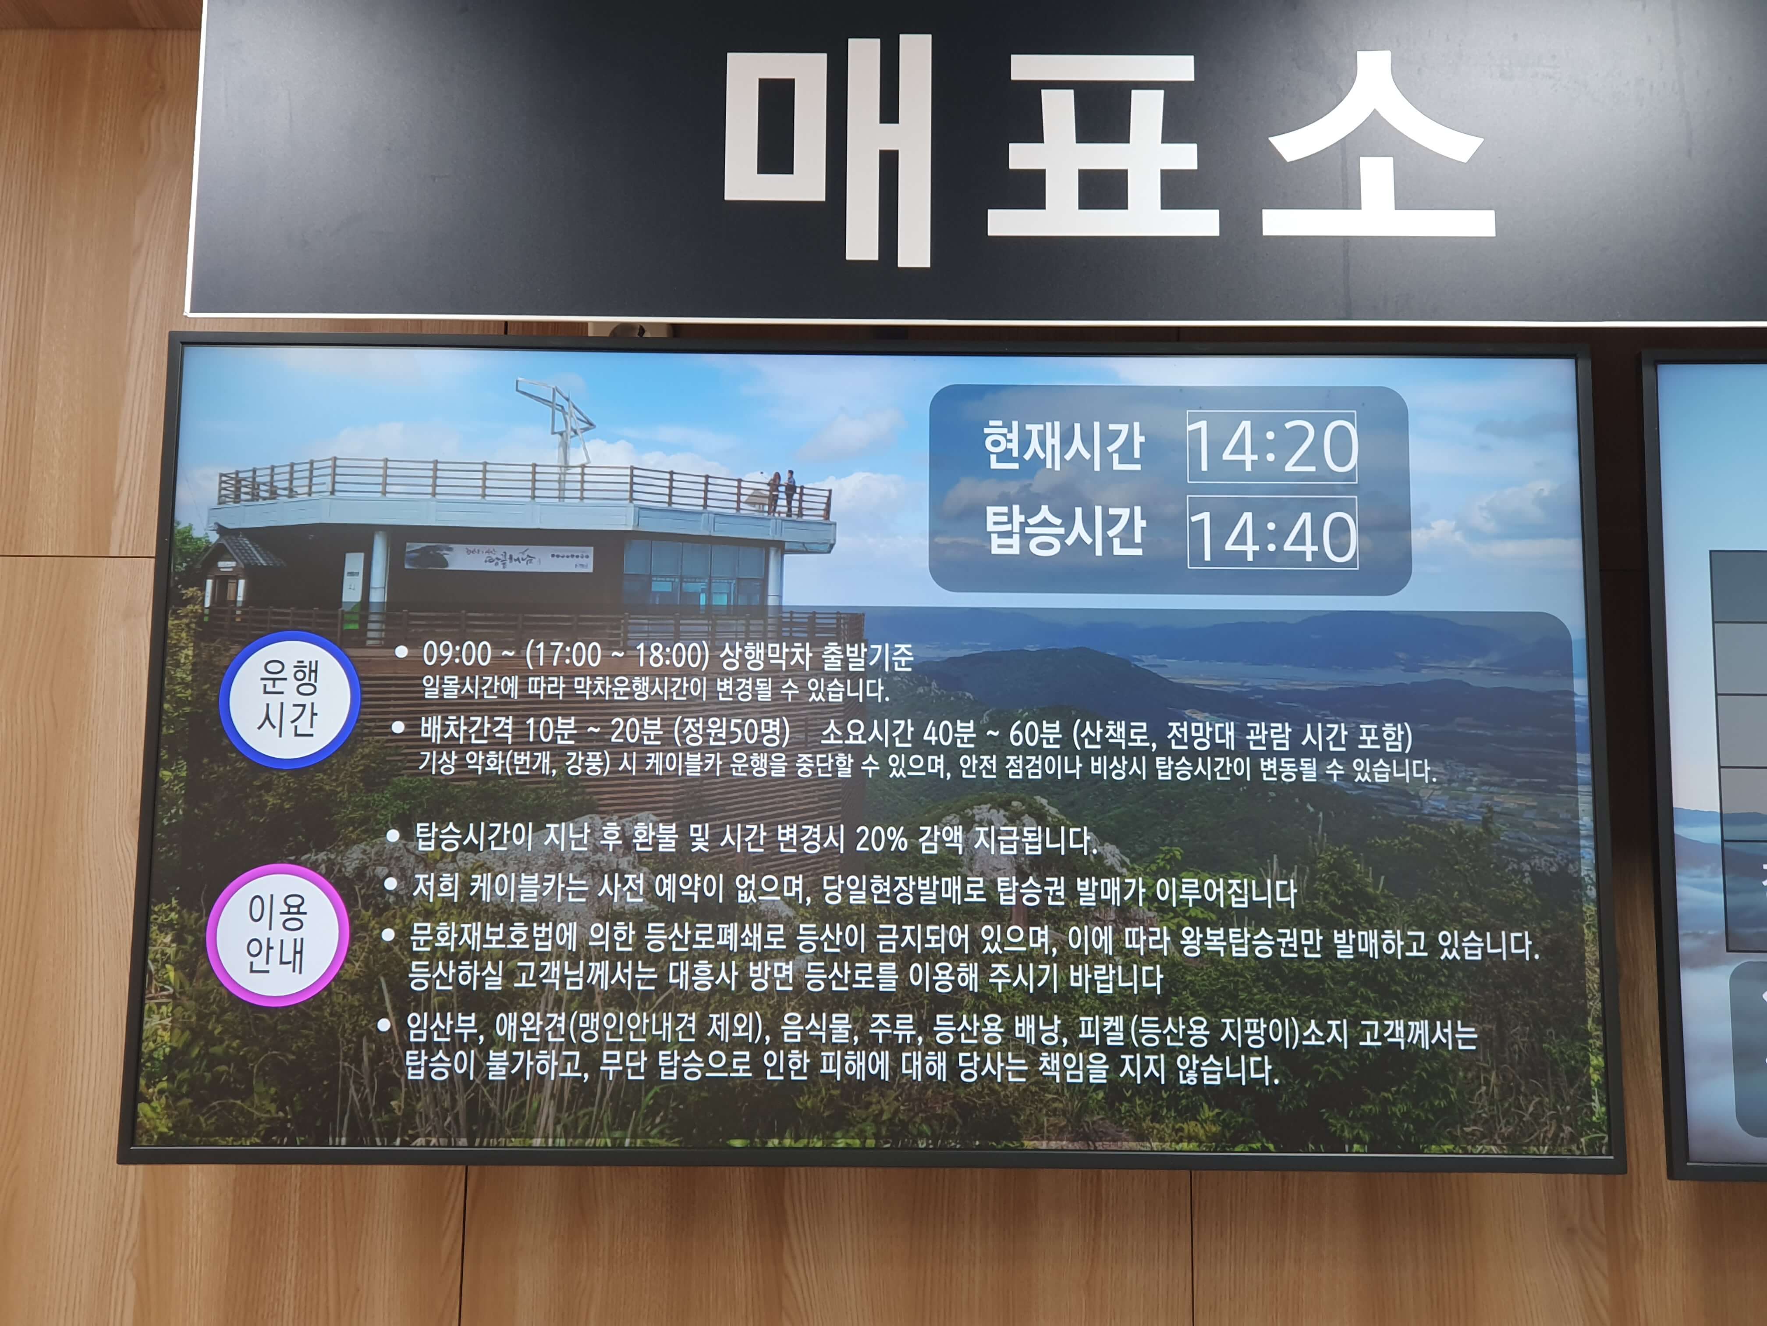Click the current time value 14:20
(x=1272, y=446)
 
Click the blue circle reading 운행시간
(x=289, y=699)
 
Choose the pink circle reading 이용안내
(x=277, y=934)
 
